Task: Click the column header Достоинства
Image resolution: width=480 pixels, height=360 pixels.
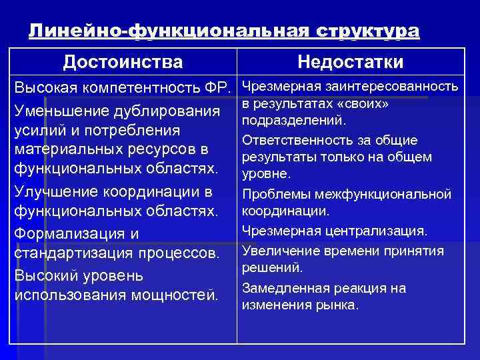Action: click(123, 62)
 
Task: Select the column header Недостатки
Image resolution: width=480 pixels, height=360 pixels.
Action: click(351, 62)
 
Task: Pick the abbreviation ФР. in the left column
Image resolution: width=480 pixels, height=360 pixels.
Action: click(215, 87)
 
